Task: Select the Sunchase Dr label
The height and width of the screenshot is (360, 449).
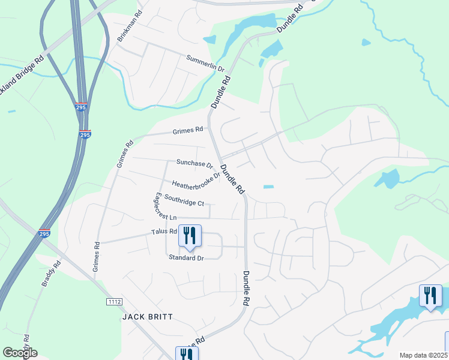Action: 194,163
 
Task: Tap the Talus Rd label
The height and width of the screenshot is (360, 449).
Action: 164,231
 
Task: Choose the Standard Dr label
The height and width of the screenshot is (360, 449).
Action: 186,258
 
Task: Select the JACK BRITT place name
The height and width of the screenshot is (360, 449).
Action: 148,316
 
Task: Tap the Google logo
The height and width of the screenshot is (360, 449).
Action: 20,353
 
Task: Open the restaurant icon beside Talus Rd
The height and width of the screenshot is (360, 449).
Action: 190,236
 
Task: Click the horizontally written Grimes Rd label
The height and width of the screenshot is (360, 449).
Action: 188,130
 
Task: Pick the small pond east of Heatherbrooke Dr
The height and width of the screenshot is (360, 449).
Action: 268,187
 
